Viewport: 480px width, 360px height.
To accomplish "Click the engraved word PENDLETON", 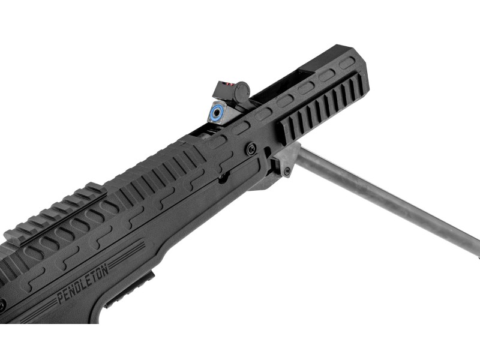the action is pyautogui.click(x=83, y=284).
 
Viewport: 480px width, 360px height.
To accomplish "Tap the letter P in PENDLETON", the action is pyautogui.click(x=61, y=298).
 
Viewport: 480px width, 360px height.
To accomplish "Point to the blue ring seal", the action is pyautogui.click(x=217, y=113).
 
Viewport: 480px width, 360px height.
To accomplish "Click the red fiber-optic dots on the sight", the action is pyautogui.click(x=230, y=83).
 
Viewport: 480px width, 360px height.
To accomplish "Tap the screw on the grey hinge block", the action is pyautogui.click(x=287, y=172).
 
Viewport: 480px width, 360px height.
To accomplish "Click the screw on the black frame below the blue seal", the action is pyautogui.click(x=251, y=149).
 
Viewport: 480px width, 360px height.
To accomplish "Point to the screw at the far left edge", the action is pyautogui.click(x=2, y=305).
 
